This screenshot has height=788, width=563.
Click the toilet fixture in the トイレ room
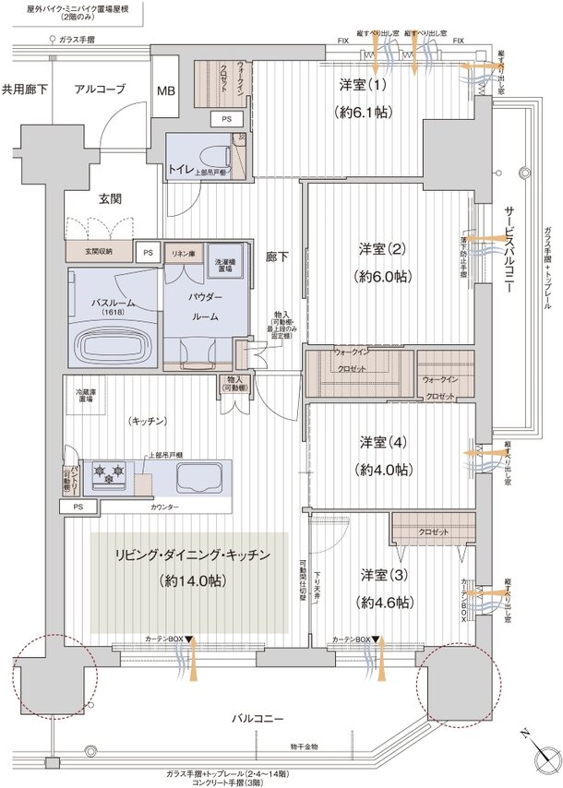(218, 152)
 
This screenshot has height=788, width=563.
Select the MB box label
(166, 90)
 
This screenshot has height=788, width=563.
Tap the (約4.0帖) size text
(385, 469)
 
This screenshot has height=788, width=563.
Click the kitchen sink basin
(198, 477)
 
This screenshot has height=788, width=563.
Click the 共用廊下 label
(25, 90)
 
